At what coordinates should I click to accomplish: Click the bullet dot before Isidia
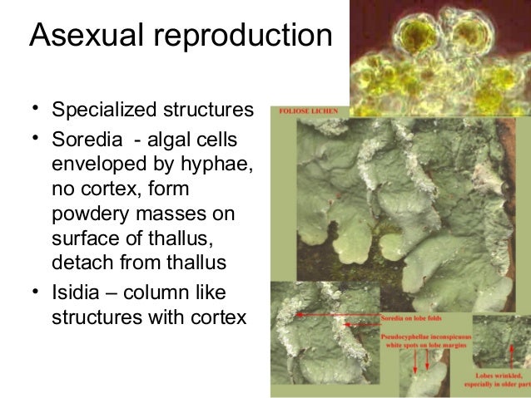[36, 294]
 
